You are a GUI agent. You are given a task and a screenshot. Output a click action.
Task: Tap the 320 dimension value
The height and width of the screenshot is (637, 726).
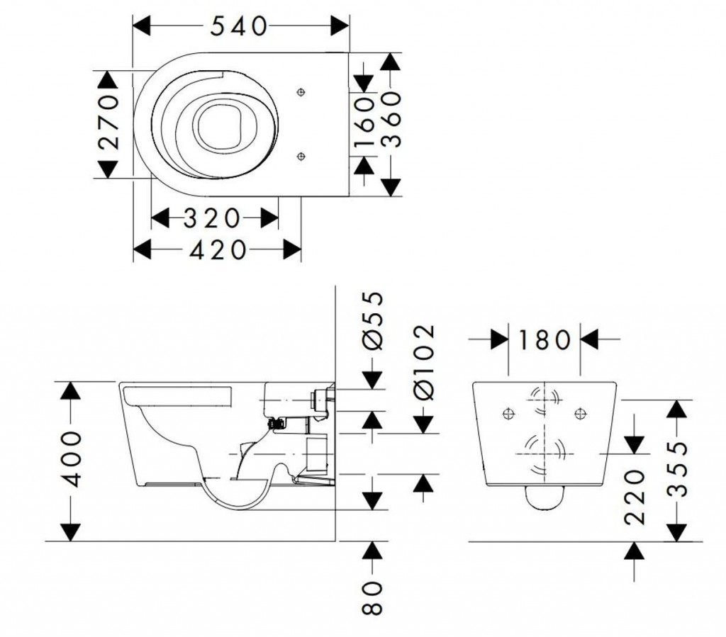[213, 218]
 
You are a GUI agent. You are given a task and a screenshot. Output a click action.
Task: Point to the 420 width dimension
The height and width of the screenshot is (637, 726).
[218, 250]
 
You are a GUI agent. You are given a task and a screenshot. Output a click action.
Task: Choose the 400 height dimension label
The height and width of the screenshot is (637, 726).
[70, 461]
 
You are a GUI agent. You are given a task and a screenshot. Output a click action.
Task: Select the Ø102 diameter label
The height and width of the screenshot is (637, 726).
[423, 361]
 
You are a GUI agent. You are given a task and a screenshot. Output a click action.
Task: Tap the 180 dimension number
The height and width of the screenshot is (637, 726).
[544, 340]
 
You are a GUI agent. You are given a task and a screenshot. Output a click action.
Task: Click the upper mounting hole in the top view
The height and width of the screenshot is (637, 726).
[301, 92]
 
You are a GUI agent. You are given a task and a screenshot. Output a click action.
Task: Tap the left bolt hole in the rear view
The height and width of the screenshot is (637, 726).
[506, 412]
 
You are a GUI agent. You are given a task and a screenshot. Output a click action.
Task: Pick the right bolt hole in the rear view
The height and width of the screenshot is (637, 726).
[581, 412]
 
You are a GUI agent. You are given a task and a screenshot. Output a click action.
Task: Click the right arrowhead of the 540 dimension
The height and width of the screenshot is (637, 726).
[340, 26]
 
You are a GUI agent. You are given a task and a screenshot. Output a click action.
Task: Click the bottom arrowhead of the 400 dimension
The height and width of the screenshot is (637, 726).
[70, 531]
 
